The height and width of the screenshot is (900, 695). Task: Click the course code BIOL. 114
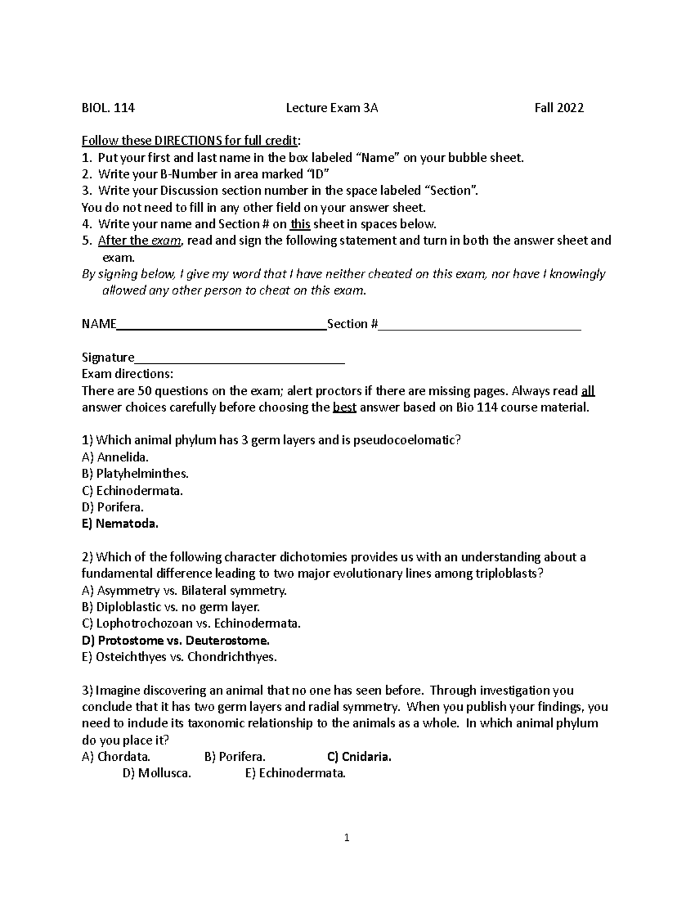tap(108, 108)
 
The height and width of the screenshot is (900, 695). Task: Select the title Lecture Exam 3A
tap(332, 108)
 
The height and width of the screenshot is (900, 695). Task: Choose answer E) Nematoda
tap(120, 524)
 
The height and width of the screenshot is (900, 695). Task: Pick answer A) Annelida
tap(115, 457)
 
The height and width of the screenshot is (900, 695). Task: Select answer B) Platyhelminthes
tap(135, 474)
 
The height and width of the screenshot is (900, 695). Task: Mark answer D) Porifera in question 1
tap(113, 507)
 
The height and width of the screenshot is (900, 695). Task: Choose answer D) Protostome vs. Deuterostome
tap(176, 640)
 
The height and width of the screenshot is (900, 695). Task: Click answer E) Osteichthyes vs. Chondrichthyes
tap(180, 657)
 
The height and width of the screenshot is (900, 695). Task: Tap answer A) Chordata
tap(116, 757)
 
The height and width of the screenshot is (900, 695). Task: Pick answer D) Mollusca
tap(156, 774)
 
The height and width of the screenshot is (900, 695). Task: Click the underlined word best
tap(345, 407)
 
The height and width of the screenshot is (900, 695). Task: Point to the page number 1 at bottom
tap(347, 837)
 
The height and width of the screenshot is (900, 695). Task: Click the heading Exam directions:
tap(127, 374)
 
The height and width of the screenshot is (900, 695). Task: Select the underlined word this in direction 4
tap(300, 224)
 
